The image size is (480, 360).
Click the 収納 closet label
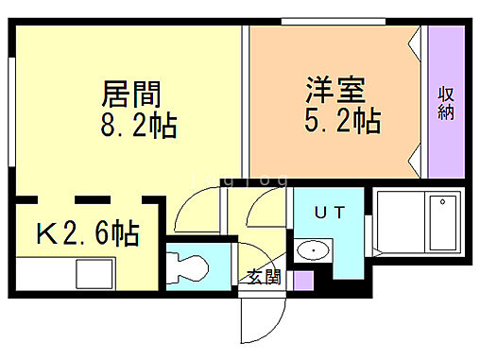[x=445, y=103]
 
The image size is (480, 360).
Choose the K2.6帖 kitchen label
[x=88, y=232]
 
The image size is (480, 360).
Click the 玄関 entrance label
[x=264, y=277]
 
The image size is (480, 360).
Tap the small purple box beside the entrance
[x=302, y=280]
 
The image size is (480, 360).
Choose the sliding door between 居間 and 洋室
[x=245, y=104]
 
